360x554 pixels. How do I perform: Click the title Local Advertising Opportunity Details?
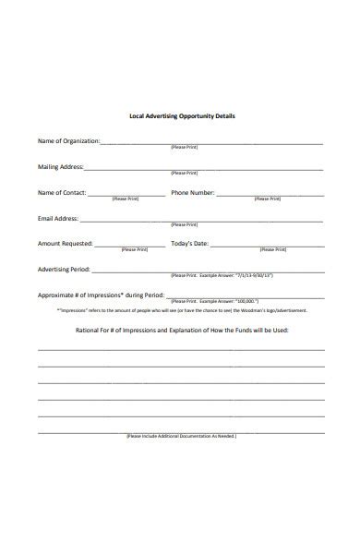pyautogui.click(x=181, y=116)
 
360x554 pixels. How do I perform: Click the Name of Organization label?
pyautogui.click(x=67, y=140)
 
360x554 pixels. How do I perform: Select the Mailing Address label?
pyautogui.click(x=60, y=166)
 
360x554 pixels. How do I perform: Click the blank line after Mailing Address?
pyautogui.click(x=203, y=170)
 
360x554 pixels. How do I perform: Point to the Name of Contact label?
pyautogui.click(x=62, y=192)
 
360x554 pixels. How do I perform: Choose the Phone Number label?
pyautogui.click(x=192, y=192)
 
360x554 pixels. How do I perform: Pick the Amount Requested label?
pyautogui.click(x=65, y=244)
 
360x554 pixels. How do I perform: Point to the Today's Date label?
pyautogui.click(x=190, y=244)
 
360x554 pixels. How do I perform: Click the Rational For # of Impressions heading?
pyautogui.click(x=181, y=328)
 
